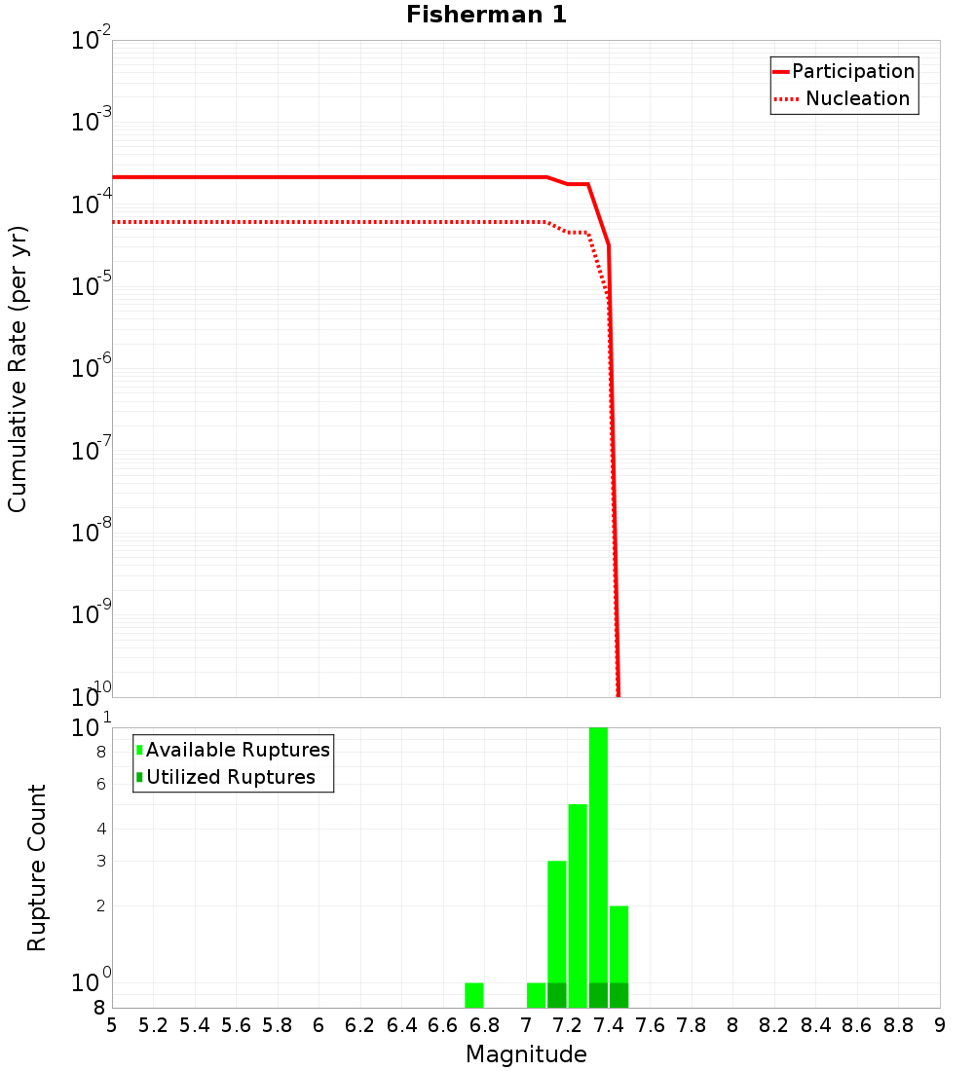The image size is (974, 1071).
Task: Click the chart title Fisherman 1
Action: point(486,15)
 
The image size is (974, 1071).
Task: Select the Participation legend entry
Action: point(852,71)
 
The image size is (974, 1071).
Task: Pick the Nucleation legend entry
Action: point(856,98)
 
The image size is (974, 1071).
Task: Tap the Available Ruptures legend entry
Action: point(237,750)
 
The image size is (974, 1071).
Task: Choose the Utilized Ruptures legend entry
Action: point(230,777)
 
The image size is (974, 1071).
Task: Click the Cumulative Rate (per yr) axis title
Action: point(18,368)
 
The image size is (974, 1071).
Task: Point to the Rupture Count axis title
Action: point(37,868)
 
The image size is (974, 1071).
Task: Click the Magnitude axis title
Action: point(526,1054)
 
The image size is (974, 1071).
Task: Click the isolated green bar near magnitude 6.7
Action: point(474,995)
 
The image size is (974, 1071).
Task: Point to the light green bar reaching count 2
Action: point(619,944)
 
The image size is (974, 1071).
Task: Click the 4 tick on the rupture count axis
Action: point(100,829)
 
